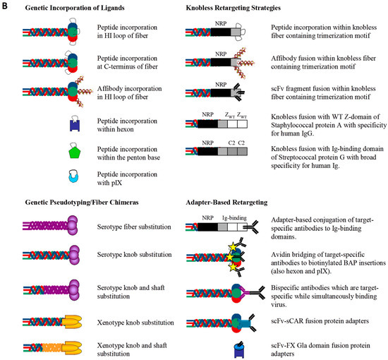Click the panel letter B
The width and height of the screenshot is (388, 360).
click(5, 5)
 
